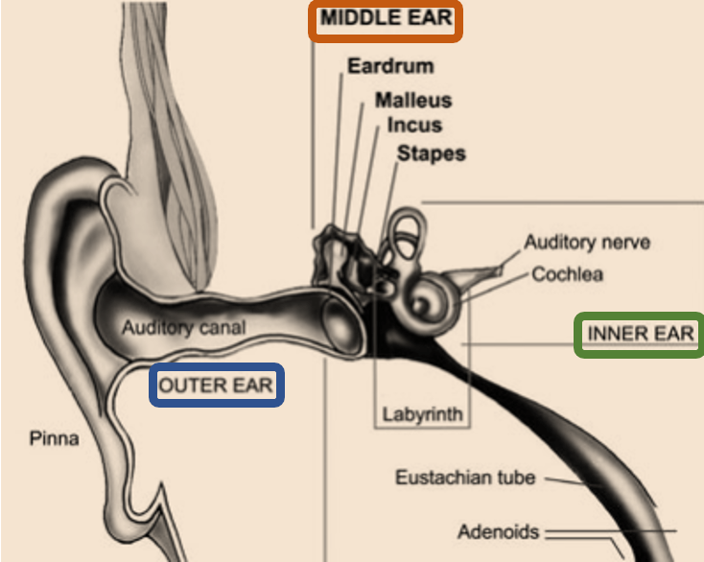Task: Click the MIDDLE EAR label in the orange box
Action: [386, 18]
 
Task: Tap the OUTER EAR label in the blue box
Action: [216, 386]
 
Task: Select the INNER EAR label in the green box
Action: [641, 334]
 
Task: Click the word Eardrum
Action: [390, 66]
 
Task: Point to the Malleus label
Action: [413, 100]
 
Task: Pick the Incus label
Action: [414, 125]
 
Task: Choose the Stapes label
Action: [432, 153]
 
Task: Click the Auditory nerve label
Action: [587, 243]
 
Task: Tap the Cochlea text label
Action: [567, 274]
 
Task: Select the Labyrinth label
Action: [422, 414]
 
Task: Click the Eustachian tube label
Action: [465, 478]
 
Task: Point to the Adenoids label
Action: [498, 532]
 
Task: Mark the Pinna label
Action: [54, 438]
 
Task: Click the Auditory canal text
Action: [183, 328]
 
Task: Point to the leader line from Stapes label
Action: [388, 203]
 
